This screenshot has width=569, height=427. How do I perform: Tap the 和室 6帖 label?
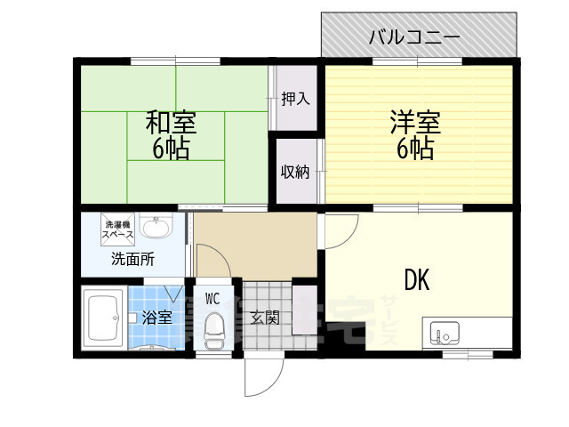[x=171, y=135]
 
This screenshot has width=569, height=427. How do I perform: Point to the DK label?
[x=417, y=280]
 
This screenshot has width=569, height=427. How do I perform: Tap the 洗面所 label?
[x=132, y=261]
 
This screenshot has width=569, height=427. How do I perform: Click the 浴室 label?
[x=157, y=317]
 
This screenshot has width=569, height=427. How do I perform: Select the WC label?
[x=213, y=298]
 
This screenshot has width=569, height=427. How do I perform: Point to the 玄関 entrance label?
[x=264, y=317]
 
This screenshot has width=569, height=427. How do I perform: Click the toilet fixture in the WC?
[x=213, y=329]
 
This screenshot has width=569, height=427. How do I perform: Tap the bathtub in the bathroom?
[x=104, y=318]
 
